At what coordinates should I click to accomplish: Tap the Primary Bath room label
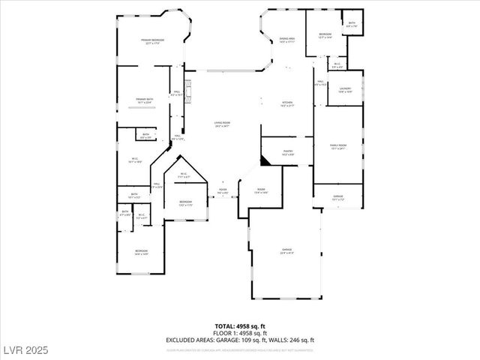click(145, 100)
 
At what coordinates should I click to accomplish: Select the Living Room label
click(222, 124)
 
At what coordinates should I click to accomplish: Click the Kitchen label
click(287, 104)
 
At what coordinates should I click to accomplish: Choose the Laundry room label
click(345, 90)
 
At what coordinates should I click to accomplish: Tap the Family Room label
click(338, 146)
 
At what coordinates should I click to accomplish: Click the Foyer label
click(223, 191)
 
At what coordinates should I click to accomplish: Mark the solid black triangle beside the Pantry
click(265, 160)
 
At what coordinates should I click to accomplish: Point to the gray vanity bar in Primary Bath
click(140, 108)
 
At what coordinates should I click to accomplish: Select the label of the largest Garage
click(287, 250)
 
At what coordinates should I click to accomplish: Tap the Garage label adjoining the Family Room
click(338, 198)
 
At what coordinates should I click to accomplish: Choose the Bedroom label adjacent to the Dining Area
click(325, 36)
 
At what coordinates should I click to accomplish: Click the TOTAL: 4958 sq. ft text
click(240, 326)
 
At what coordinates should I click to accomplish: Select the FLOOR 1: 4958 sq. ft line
click(240, 332)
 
